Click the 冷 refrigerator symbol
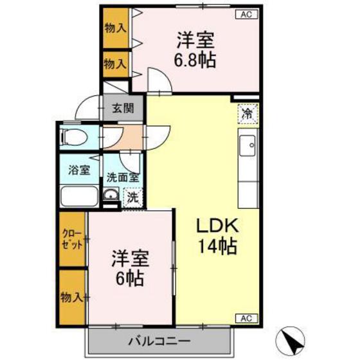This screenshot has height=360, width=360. tap(248, 114)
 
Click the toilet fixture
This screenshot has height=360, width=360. tap(71, 137)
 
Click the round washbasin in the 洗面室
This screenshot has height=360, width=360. tap(111, 196)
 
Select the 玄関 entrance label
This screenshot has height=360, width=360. tap(122, 108)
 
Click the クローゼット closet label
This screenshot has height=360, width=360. tap(73, 239)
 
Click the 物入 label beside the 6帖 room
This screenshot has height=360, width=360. tap(72, 297)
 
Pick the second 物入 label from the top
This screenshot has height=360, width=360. tap(115, 64)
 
